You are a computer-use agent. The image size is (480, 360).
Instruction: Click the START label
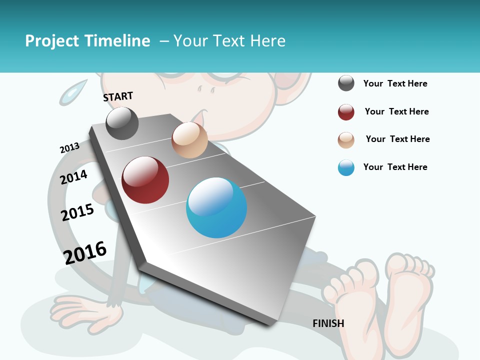pos(118,96)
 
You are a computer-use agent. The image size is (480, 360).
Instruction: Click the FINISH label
pos(328,323)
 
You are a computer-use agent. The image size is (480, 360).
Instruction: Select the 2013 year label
pos(69,148)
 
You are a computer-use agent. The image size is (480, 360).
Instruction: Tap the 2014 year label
pos(73,177)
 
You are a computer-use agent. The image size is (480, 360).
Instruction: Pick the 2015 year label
pos(77,212)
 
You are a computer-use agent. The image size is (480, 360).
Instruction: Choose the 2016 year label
pos(85,252)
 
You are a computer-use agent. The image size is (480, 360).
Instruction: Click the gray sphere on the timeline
pos(122,123)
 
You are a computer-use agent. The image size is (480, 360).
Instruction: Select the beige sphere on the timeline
pos(189,140)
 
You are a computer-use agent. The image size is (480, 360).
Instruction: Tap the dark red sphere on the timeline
pos(145,180)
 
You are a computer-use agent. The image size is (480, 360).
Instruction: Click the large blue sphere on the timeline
pos(216,207)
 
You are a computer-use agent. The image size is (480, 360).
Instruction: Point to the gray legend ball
pos(346,83)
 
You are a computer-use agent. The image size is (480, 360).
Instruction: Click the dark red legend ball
pos(346,112)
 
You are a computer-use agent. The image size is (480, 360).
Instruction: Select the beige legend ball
pos(346,140)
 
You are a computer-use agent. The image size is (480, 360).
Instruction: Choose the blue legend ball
pos(346,167)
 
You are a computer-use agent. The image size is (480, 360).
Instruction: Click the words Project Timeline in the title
pos(87,41)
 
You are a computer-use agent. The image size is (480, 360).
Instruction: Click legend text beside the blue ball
pos(395,167)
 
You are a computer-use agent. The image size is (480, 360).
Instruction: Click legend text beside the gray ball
pos(395,83)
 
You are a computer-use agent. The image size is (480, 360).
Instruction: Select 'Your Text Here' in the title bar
pos(229,41)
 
